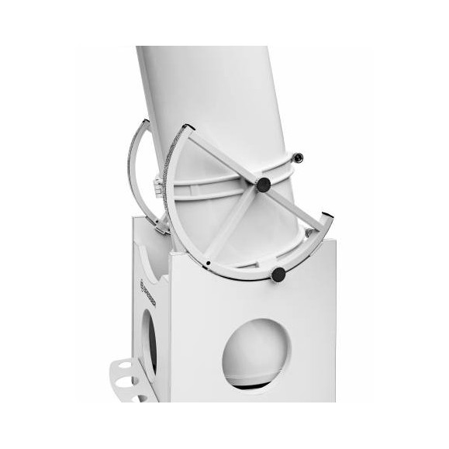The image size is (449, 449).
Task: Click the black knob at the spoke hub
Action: point(264,185)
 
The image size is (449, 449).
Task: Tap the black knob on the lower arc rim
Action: point(278,275)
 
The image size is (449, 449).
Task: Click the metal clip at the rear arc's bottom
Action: point(161,226)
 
